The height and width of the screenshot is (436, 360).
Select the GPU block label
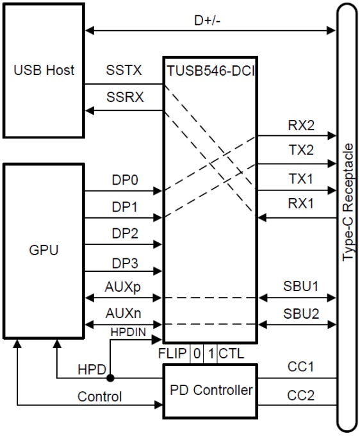pos(44,250)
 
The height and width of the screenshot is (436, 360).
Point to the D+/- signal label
pos(209,20)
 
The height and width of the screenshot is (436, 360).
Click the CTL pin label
pos(231,353)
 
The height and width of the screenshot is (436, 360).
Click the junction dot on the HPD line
pos(111,378)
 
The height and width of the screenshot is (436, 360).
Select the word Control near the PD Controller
pos(99,396)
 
